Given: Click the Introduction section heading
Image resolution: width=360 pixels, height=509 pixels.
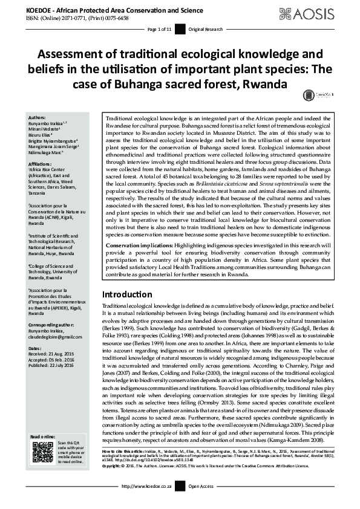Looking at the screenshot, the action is [131, 294].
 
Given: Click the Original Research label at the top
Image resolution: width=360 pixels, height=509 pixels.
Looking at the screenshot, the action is [205, 29].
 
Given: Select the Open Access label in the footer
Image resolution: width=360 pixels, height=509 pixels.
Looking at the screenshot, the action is [201, 503].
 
